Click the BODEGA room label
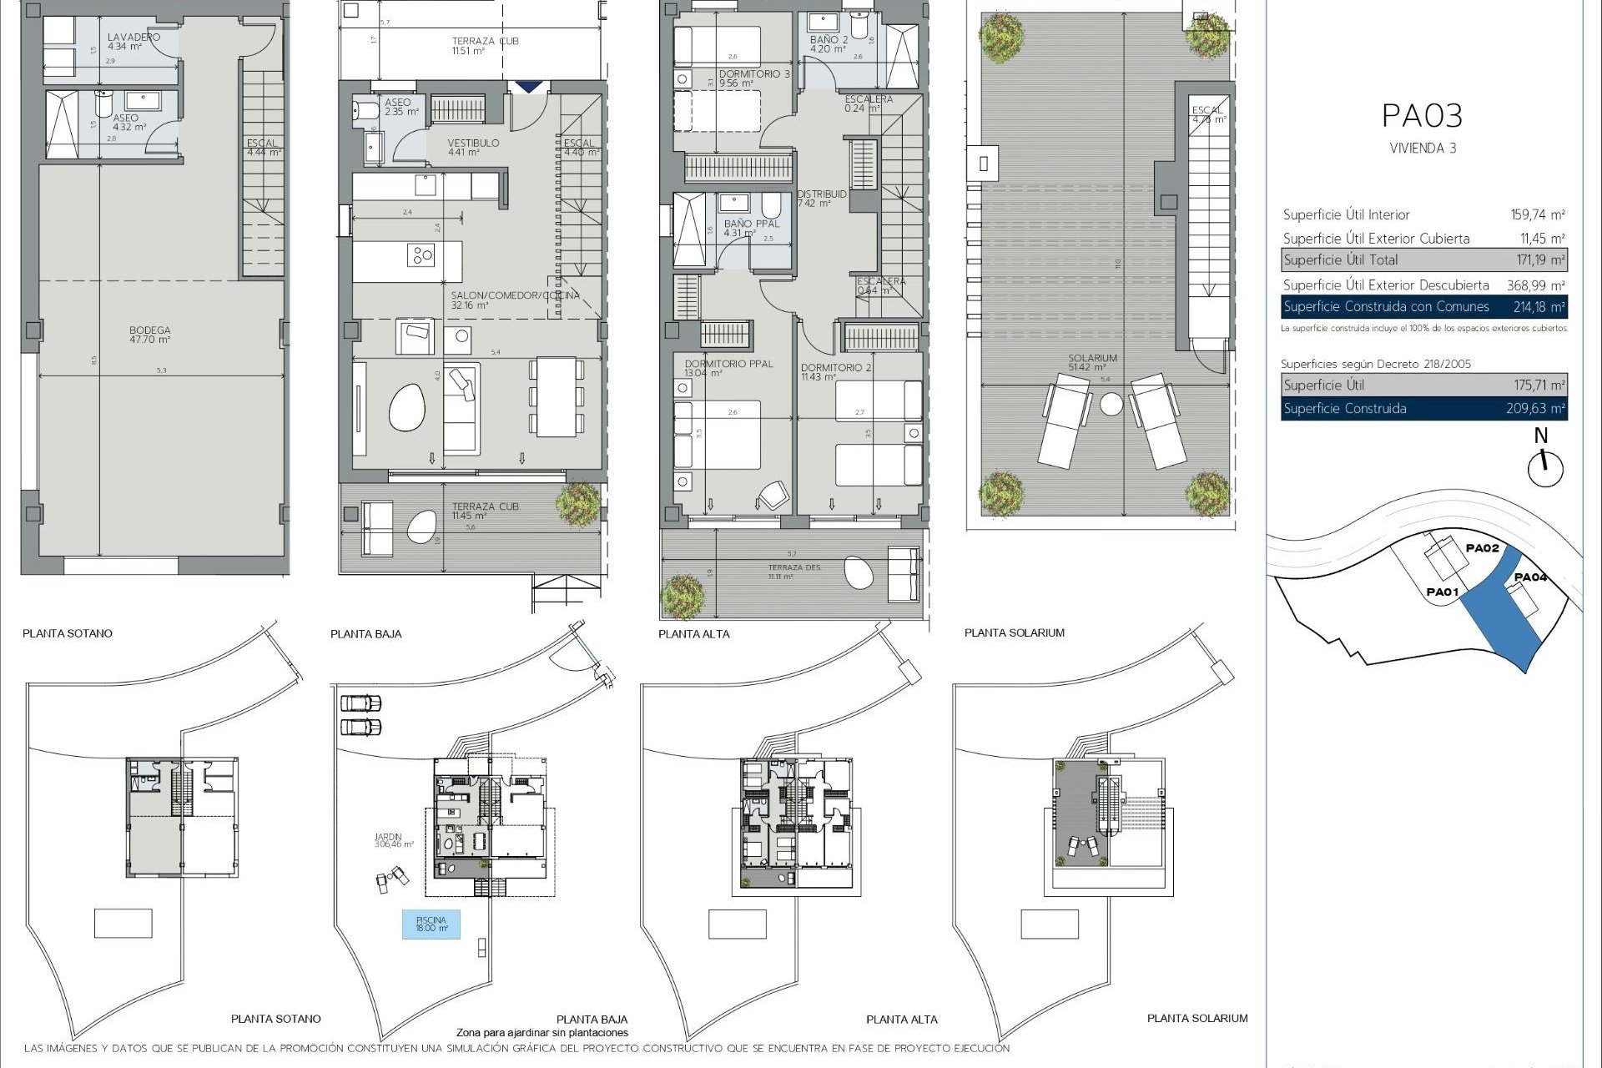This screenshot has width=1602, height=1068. coord(150,330)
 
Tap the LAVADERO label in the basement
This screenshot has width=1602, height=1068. coord(133,38)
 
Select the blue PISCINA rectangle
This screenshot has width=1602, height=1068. coord(431,924)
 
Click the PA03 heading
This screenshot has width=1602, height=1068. coord(1423,116)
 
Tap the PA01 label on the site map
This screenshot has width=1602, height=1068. coord(1442,592)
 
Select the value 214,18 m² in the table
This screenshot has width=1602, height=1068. coord(1539,307)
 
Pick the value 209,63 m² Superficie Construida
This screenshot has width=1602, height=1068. coord(1539,409)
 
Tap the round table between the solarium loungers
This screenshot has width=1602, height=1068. coord(1111,406)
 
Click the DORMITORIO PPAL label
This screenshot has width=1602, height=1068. coord(728,364)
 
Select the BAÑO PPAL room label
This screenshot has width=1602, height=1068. coord(751,224)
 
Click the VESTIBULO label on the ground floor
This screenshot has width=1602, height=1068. coord(473,143)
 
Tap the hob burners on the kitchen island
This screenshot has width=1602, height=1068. coord(421,254)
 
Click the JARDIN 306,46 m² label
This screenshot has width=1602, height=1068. coord(394,840)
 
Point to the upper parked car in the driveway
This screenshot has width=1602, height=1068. coord(360,703)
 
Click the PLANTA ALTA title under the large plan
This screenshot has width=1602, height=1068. coord(694,634)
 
